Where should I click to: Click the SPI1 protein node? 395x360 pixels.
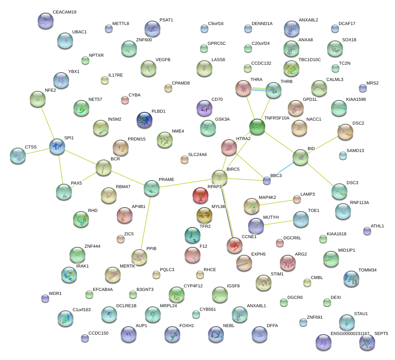[57, 146]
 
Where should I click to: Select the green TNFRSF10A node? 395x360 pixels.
[257, 127]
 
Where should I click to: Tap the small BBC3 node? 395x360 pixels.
[267, 181]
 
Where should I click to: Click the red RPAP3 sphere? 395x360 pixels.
[200, 195]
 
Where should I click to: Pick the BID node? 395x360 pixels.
[300, 157]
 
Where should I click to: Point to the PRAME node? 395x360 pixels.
[152, 187]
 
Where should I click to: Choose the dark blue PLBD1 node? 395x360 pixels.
[144, 120]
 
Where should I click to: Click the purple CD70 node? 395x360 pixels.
[204, 108]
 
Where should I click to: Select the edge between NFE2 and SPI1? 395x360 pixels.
[48, 123]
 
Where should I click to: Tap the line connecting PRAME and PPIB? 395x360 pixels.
[145, 222]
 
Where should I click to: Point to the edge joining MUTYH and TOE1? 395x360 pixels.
[278, 222]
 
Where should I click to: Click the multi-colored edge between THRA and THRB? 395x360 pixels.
[258, 89]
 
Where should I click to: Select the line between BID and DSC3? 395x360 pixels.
[320, 174]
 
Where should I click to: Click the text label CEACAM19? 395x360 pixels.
[64, 12]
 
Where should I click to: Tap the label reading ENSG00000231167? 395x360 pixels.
[350, 334]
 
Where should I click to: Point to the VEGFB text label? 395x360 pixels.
[163, 60]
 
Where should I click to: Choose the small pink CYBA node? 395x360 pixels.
[125, 100]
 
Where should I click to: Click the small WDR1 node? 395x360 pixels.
[45, 298]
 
